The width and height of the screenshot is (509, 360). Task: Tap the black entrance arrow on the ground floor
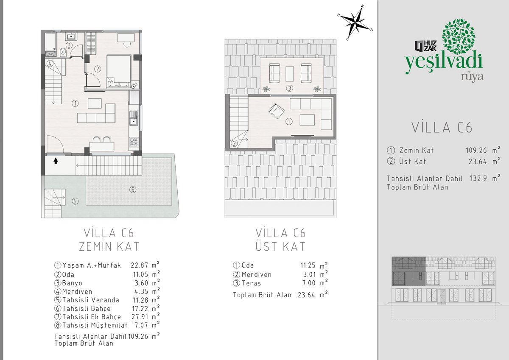56,161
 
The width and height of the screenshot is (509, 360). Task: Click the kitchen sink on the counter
133,118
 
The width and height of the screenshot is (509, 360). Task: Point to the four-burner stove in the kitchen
134,142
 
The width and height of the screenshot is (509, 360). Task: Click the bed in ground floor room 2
119,71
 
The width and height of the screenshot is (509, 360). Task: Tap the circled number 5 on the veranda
133,190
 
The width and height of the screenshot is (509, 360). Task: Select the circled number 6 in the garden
75,201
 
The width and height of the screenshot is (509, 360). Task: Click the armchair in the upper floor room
276,111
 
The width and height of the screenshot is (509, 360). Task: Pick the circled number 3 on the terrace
289,88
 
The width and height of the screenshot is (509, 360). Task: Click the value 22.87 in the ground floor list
139,265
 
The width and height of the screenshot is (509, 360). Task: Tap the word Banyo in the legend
72,283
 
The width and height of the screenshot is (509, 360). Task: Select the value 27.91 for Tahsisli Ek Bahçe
140,317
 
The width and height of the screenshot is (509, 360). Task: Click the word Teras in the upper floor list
251,283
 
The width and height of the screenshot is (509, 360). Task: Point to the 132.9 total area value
478,178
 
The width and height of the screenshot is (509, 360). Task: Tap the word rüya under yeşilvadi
472,77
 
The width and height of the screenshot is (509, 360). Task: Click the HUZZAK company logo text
425,46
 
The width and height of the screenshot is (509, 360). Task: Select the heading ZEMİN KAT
109,247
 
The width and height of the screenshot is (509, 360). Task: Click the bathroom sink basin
72,36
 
